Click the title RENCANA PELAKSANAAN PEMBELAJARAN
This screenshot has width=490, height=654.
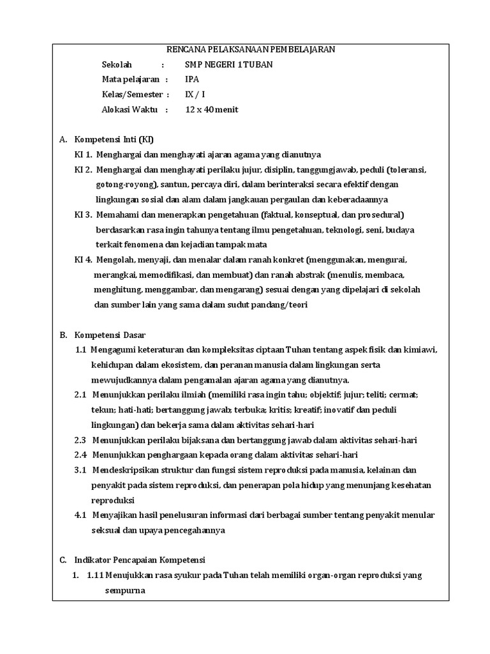(250, 50)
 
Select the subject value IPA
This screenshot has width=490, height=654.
(191, 79)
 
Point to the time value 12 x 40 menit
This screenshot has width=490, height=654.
(211, 109)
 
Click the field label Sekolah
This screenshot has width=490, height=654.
(117, 65)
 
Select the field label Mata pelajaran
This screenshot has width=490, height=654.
(130, 79)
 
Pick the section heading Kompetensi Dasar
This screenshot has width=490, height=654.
(110, 335)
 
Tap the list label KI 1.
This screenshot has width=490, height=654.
(84, 155)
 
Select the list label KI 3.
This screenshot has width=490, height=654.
(84, 214)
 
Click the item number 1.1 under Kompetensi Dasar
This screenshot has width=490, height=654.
(80, 349)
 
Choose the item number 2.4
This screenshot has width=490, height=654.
(80, 455)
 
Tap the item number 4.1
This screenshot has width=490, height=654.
(80, 515)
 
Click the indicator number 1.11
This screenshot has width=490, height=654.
(96, 575)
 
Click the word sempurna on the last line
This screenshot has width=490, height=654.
(125, 591)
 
